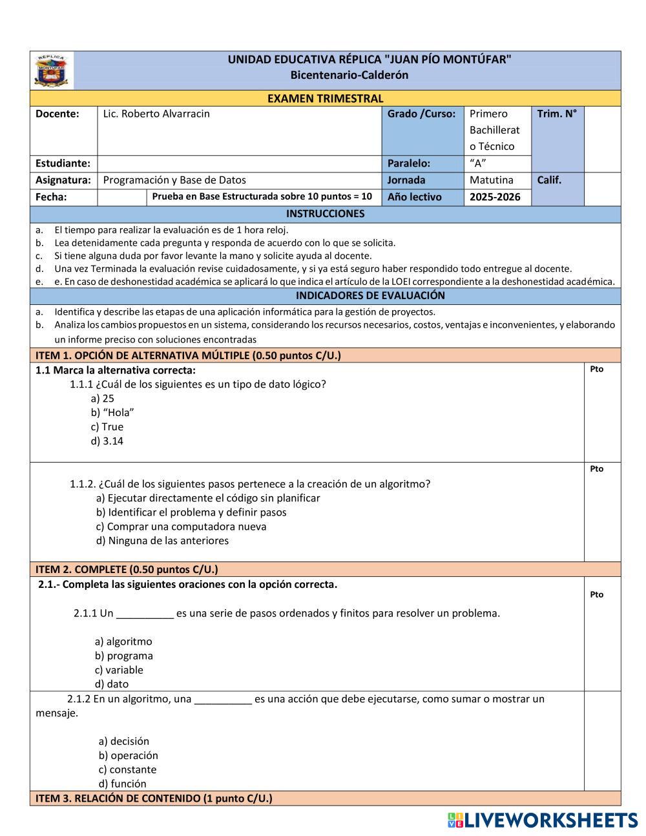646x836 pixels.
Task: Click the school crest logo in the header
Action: tap(52, 70)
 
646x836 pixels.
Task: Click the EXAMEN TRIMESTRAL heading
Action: tap(325, 98)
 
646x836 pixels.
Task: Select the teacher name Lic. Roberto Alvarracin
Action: tap(156, 114)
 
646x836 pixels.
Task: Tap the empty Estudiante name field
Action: tap(239, 163)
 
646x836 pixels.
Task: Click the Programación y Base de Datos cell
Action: tap(174, 180)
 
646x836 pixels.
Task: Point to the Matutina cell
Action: tap(491, 180)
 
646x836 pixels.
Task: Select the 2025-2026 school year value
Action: tap(495, 197)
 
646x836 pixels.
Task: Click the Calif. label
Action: tap(549, 180)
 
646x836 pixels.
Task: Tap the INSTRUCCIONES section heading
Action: tap(325, 214)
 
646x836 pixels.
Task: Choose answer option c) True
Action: tap(107, 427)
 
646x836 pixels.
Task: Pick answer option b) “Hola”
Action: tap(112, 413)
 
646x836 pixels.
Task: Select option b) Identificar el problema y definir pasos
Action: tap(191, 512)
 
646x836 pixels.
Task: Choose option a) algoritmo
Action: tap(123, 642)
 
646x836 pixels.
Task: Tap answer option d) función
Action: tap(123, 784)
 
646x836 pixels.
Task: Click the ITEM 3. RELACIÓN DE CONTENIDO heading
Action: tap(154, 799)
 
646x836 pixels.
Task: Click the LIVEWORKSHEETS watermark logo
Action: tap(542, 820)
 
